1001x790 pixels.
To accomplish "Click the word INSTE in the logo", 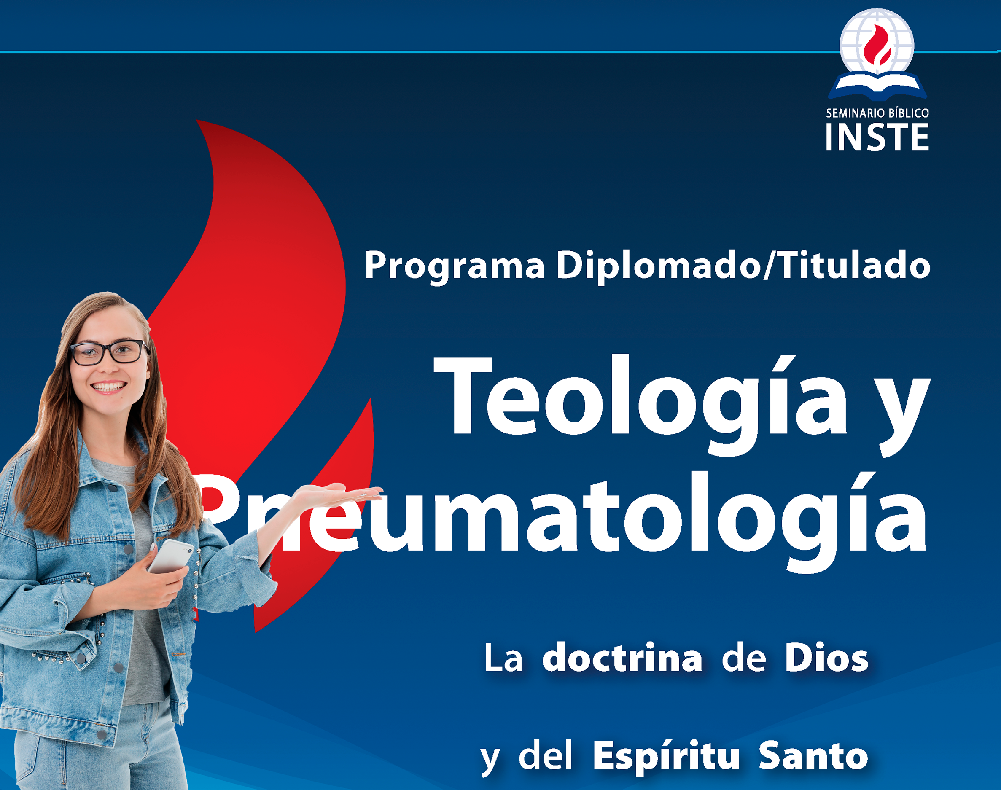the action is point(877,137).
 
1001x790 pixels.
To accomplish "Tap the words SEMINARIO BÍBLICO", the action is point(877,113).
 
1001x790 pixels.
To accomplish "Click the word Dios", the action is point(826,658).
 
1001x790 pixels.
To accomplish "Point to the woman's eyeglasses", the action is point(110,352).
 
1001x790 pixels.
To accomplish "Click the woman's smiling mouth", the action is point(108,386).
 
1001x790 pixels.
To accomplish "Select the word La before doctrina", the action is point(503,658).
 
